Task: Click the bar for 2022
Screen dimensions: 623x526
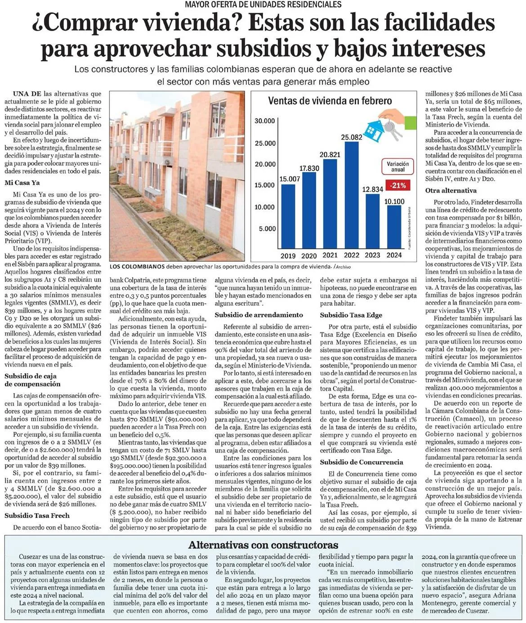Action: pos(351,196)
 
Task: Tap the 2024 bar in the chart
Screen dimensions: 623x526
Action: pos(394,227)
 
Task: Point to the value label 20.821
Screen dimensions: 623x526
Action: pos(330,155)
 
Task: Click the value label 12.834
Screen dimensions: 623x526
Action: pos(373,189)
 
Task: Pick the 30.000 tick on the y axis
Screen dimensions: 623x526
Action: pos(265,121)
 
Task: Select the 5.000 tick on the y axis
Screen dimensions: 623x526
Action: pos(267,229)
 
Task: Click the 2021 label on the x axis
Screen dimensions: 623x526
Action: pos(330,255)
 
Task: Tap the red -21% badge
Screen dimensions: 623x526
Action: pos(398,185)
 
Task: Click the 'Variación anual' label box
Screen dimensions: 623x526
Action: pos(398,166)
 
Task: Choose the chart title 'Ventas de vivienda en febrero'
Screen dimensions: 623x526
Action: pos(330,101)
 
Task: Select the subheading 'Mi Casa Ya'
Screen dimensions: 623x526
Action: pos(22,183)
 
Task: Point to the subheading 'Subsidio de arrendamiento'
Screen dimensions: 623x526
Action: pos(259,315)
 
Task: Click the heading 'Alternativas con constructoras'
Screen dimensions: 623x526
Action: pos(263,545)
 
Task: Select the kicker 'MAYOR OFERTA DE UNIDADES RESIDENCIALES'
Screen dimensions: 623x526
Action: pos(263,4)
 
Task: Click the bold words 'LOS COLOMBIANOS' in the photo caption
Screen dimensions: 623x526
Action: pos(137,266)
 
